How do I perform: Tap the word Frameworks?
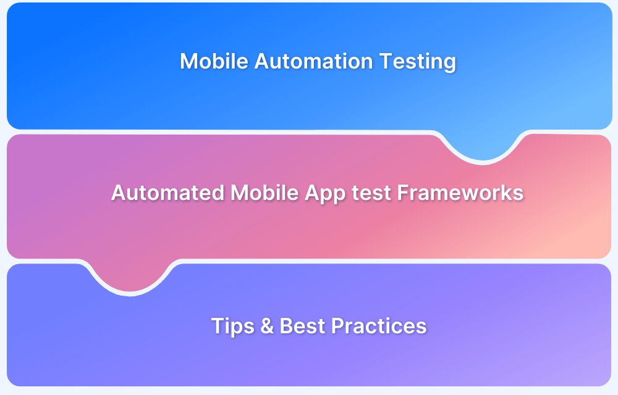coord(460,193)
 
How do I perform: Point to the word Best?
coord(302,326)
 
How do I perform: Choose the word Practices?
coord(379,326)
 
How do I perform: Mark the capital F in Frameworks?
coord(402,193)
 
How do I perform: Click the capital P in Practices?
coord(337,326)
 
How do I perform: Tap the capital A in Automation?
coord(261,61)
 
